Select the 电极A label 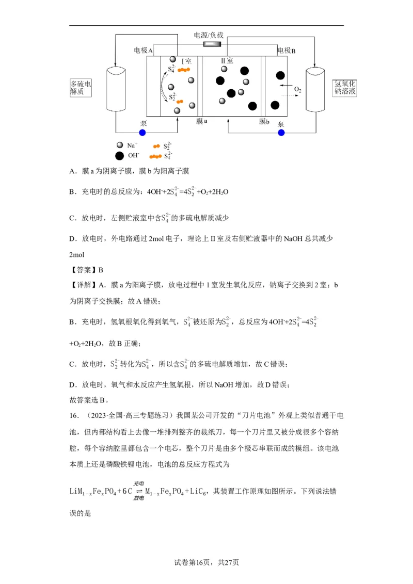(x=143, y=51)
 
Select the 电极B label (x=286, y=51)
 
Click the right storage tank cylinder (x=316, y=89)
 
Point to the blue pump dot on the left (x=142, y=133)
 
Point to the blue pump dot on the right (x=281, y=133)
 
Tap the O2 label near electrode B (x=297, y=90)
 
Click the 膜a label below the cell (x=201, y=122)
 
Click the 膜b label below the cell (x=264, y=122)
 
